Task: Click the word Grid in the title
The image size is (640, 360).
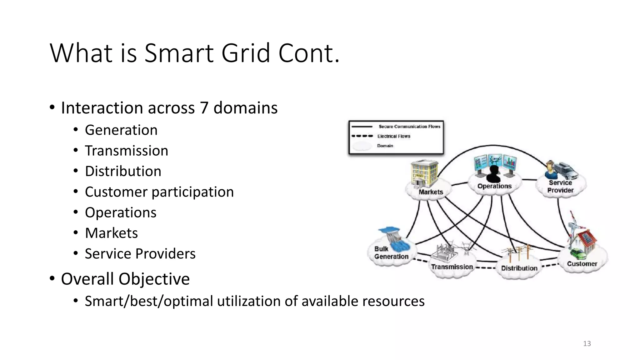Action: click(245, 53)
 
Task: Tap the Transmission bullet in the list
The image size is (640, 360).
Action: click(126, 151)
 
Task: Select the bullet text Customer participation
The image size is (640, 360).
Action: click(159, 192)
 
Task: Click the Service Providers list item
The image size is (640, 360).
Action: click(140, 254)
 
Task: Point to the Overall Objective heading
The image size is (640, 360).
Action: click(125, 279)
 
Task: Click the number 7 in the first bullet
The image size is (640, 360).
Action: click(204, 108)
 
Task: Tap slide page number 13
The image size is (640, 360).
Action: click(587, 344)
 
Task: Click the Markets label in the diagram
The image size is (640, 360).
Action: click(431, 192)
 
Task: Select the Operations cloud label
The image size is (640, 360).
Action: click(494, 186)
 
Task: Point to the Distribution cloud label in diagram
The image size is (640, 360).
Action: click(519, 268)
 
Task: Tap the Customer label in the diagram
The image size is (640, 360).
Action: click(582, 264)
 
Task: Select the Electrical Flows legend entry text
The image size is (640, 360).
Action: click(393, 136)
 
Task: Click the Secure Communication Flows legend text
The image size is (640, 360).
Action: click(409, 127)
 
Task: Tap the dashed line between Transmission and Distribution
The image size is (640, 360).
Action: click(486, 268)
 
